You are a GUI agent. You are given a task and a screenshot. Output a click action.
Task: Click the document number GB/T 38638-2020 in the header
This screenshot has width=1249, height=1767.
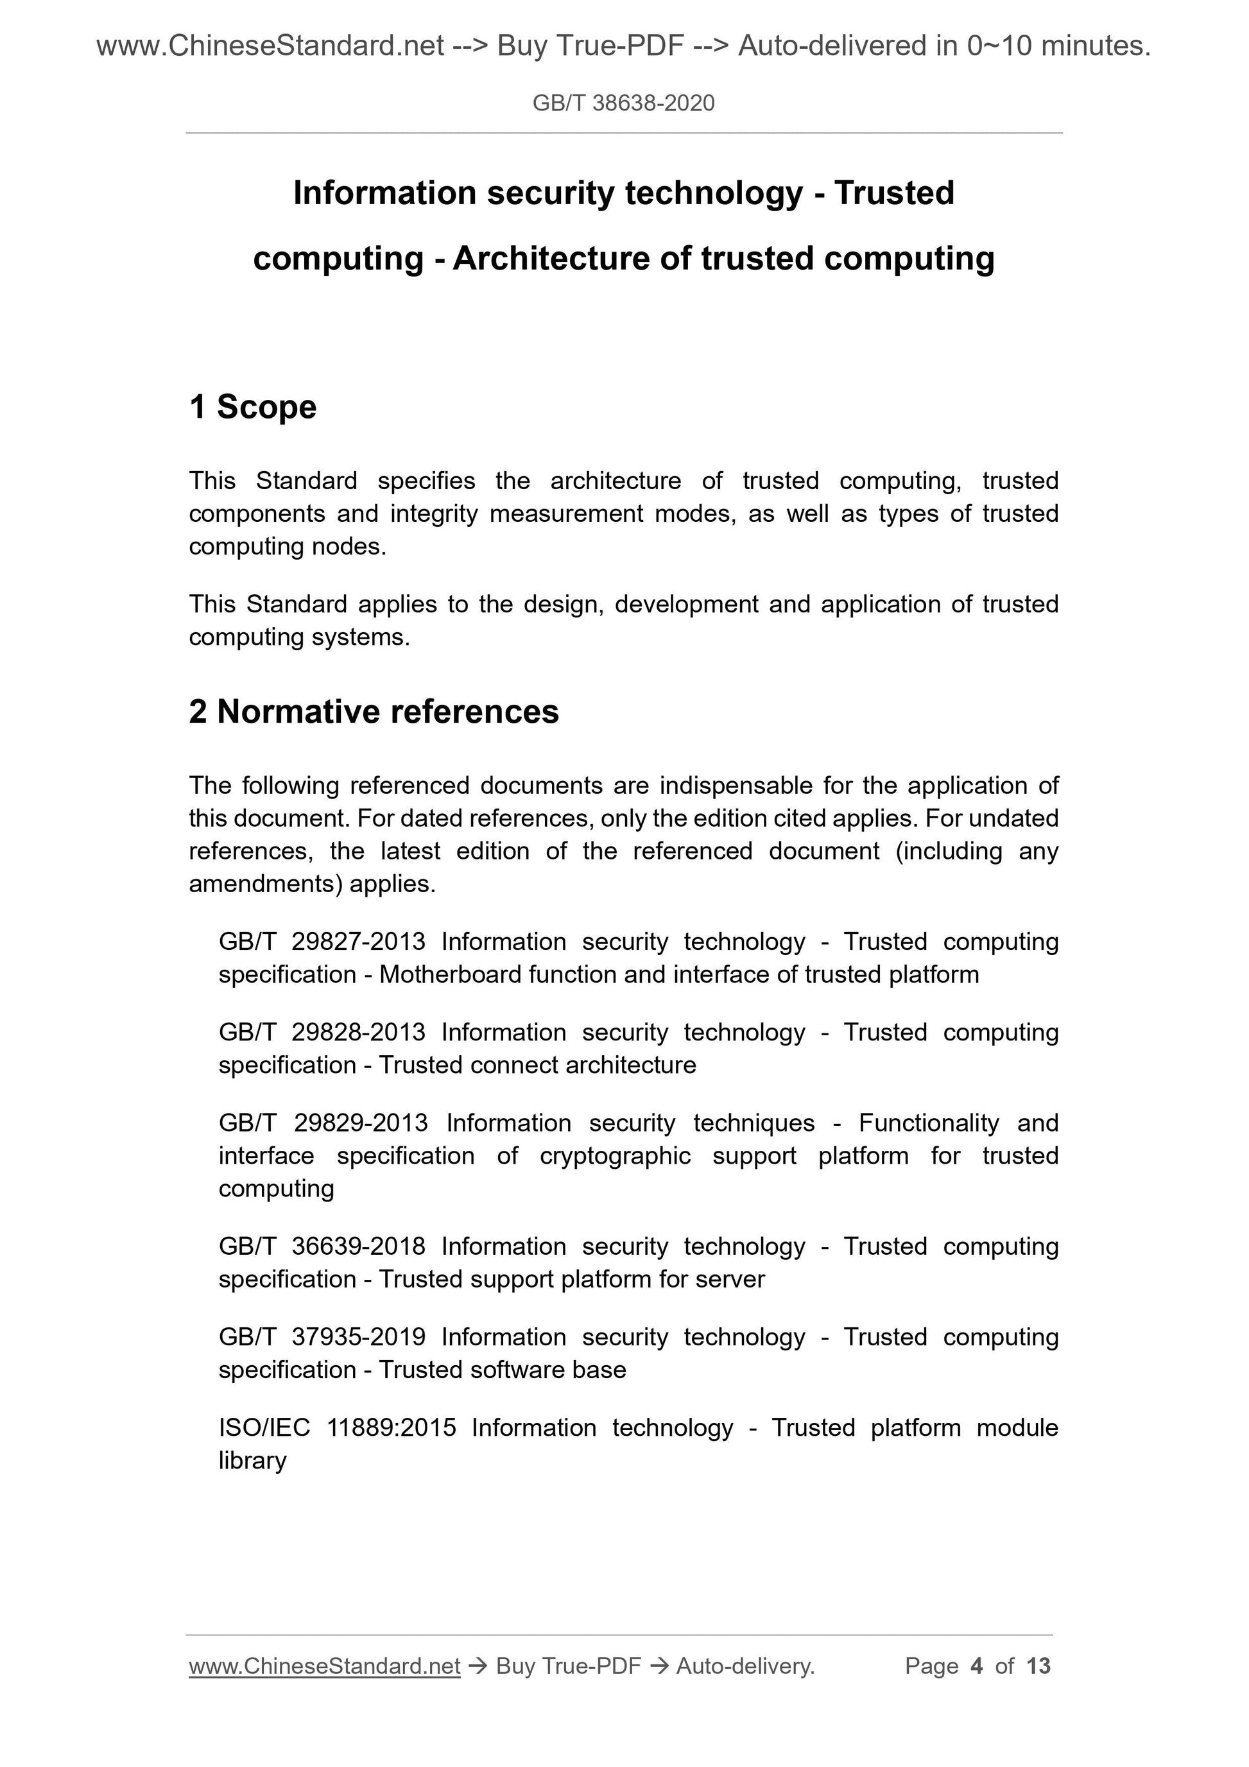click(x=623, y=103)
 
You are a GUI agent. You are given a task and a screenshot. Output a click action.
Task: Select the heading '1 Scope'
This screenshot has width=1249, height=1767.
click(x=252, y=406)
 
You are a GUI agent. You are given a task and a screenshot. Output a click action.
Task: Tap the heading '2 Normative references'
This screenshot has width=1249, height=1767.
click(x=374, y=711)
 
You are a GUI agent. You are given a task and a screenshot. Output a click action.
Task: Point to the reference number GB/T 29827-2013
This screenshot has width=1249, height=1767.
click(x=322, y=941)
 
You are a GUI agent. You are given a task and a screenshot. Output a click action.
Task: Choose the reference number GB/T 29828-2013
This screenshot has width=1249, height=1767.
click(x=322, y=1032)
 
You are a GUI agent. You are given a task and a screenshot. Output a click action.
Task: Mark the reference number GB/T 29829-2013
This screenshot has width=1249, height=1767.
click(x=323, y=1123)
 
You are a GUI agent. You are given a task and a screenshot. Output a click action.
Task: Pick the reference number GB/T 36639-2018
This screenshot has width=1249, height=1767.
click(x=322, y=1246)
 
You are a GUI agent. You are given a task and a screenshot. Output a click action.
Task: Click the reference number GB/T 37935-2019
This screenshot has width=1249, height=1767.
click(x=322, y=1337)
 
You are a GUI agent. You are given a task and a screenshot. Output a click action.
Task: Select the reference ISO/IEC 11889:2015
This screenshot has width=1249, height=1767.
click(x=337, y=1427)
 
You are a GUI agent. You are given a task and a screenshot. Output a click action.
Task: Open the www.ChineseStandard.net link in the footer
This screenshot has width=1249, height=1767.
click(x=324, y=1666)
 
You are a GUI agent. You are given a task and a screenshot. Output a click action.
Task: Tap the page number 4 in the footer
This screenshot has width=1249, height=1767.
click(x=977, y=1666)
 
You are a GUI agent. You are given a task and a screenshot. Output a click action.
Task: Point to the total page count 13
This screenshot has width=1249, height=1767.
click(x=1038, y=1666)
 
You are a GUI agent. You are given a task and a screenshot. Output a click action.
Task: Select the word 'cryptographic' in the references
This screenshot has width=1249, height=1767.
click(x=615, y=1156)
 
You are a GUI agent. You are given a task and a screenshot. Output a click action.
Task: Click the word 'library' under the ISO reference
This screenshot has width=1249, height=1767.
click(x=252, y=1461)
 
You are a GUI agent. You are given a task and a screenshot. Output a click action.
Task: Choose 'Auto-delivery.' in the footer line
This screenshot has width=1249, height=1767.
click(x=745, y=1666)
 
